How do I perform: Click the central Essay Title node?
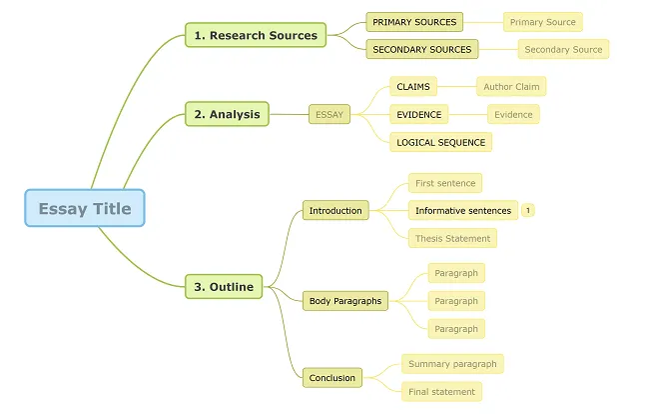click(85, 208)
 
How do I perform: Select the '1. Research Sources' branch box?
click(256, 35)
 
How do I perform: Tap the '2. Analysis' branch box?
click(227, 114)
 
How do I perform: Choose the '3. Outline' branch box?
click(224, 287)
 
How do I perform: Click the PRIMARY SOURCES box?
click(414, 21)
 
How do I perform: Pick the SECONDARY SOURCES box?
click(422, 49)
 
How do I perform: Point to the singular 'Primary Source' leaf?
click(542, 21)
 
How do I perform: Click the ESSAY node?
click(329, 114)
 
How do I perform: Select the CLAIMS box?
click(413, 87)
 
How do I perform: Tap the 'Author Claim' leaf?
click(511, 87)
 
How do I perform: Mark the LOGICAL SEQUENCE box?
click(441, 142)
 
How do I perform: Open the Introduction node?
click(335, 210)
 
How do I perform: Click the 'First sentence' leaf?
click(445, 183)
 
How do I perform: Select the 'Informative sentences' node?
click(463, 210)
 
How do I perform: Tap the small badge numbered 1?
click(528, 210)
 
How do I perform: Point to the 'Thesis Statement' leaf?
click(452, 238)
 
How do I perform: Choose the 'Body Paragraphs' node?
click(345, 300)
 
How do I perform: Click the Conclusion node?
click(332, 377)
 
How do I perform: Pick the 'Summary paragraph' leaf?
click(452, 364)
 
